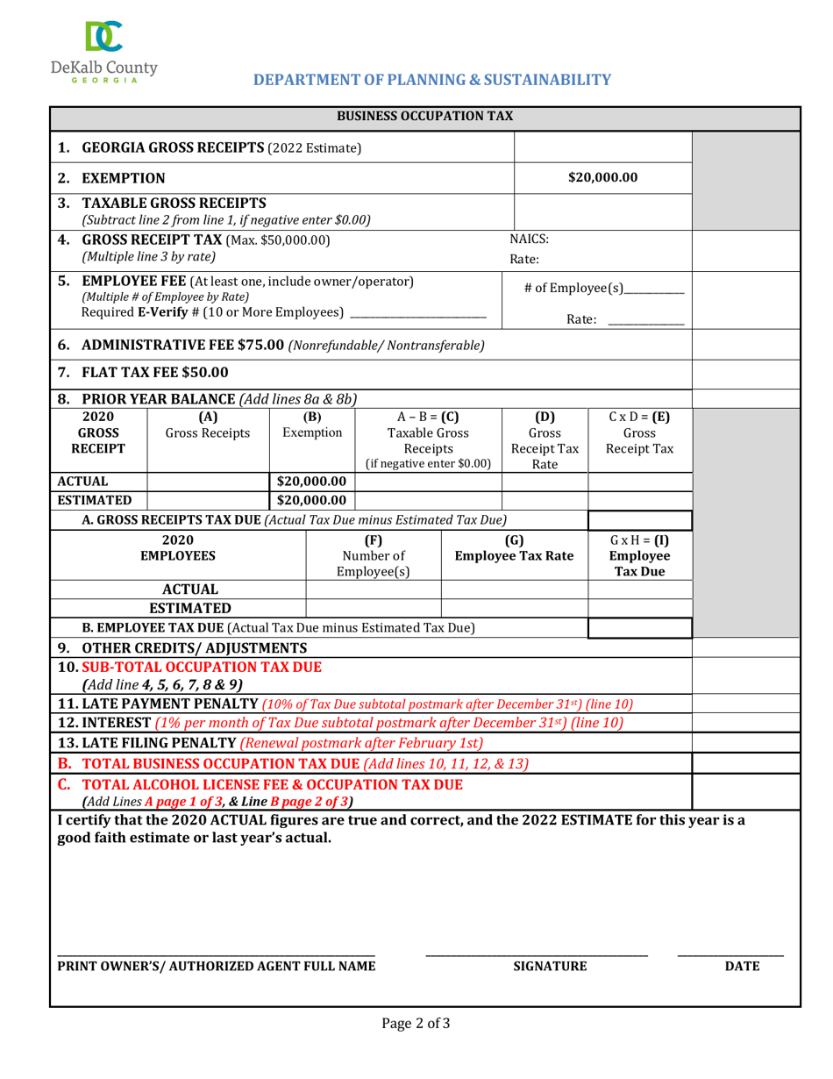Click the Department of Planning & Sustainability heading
tap(431, 80)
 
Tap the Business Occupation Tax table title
tap(425, 116)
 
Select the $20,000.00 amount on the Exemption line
tap(602, 178)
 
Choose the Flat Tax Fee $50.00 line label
tap(155, 373)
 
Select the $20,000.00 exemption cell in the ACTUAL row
tap(312, 481)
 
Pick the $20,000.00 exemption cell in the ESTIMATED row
tap(312, 500)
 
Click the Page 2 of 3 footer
tap(416, 1022)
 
